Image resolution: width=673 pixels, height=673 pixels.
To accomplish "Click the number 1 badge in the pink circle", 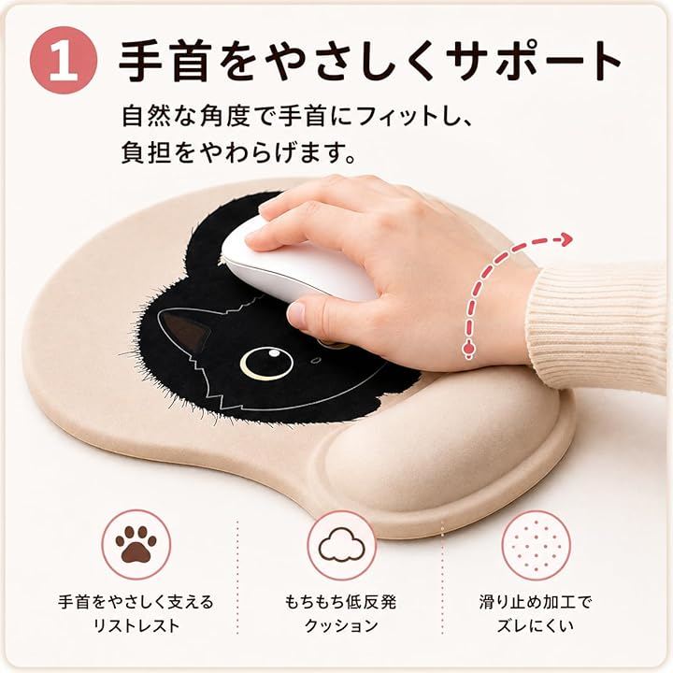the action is (64, 60).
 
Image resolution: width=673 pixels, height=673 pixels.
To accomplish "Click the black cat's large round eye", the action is (266, 363).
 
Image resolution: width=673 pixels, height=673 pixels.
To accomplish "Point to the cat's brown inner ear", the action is (185, 330).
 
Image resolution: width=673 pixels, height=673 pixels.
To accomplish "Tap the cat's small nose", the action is (316, 360).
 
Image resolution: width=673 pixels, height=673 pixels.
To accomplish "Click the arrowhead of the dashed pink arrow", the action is (566, 239).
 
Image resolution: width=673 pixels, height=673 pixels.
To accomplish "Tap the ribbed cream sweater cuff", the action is (596, 326).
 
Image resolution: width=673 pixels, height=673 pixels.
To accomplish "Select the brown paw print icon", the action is (136, 544).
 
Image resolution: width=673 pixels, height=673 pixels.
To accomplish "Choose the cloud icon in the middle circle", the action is (342, 545).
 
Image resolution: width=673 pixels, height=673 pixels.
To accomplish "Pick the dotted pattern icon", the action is (537, 545).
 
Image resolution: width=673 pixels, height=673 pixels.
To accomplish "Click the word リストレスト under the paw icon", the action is (136, 625).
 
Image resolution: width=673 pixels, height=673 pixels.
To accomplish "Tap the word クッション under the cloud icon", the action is (341, 625).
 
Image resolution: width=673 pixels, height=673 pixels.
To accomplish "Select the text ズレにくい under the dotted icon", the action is (536, 625).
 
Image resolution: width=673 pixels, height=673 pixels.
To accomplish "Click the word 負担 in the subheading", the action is (147, 152).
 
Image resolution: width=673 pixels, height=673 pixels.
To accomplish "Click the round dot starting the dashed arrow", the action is (468, 349).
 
